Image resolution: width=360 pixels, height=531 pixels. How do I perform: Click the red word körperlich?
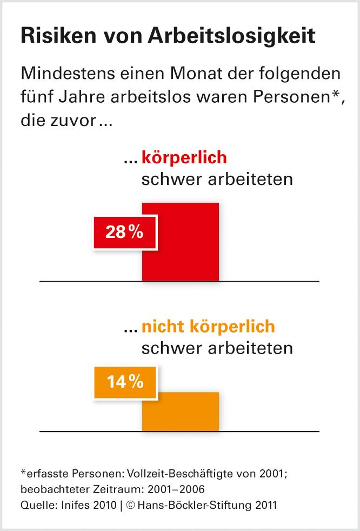[x=184, y=158]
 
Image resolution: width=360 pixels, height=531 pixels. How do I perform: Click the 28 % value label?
[x=125, y=233]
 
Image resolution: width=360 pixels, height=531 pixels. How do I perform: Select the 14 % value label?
[x=125, y=382]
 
